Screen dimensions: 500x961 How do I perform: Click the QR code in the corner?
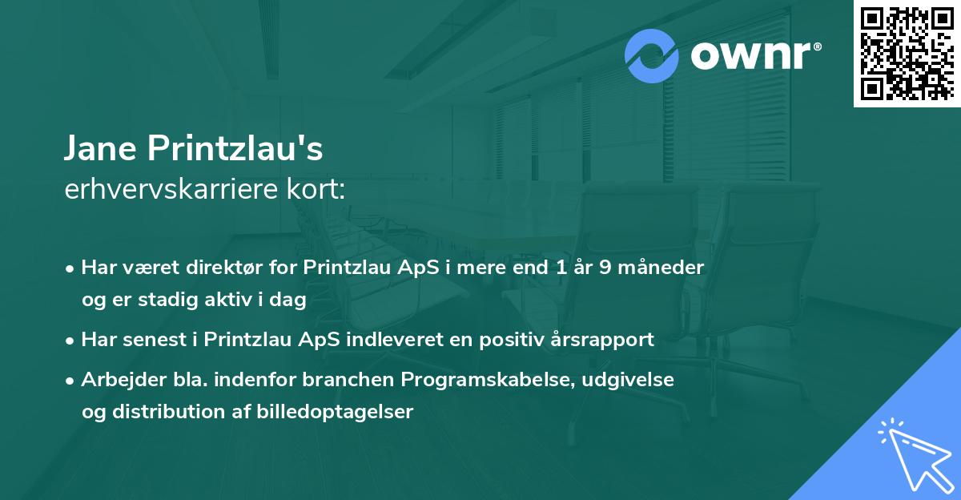tap(907, 54)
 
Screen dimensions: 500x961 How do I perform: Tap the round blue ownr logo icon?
tap(652, 56)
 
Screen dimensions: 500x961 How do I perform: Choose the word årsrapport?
tap(606, 340)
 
